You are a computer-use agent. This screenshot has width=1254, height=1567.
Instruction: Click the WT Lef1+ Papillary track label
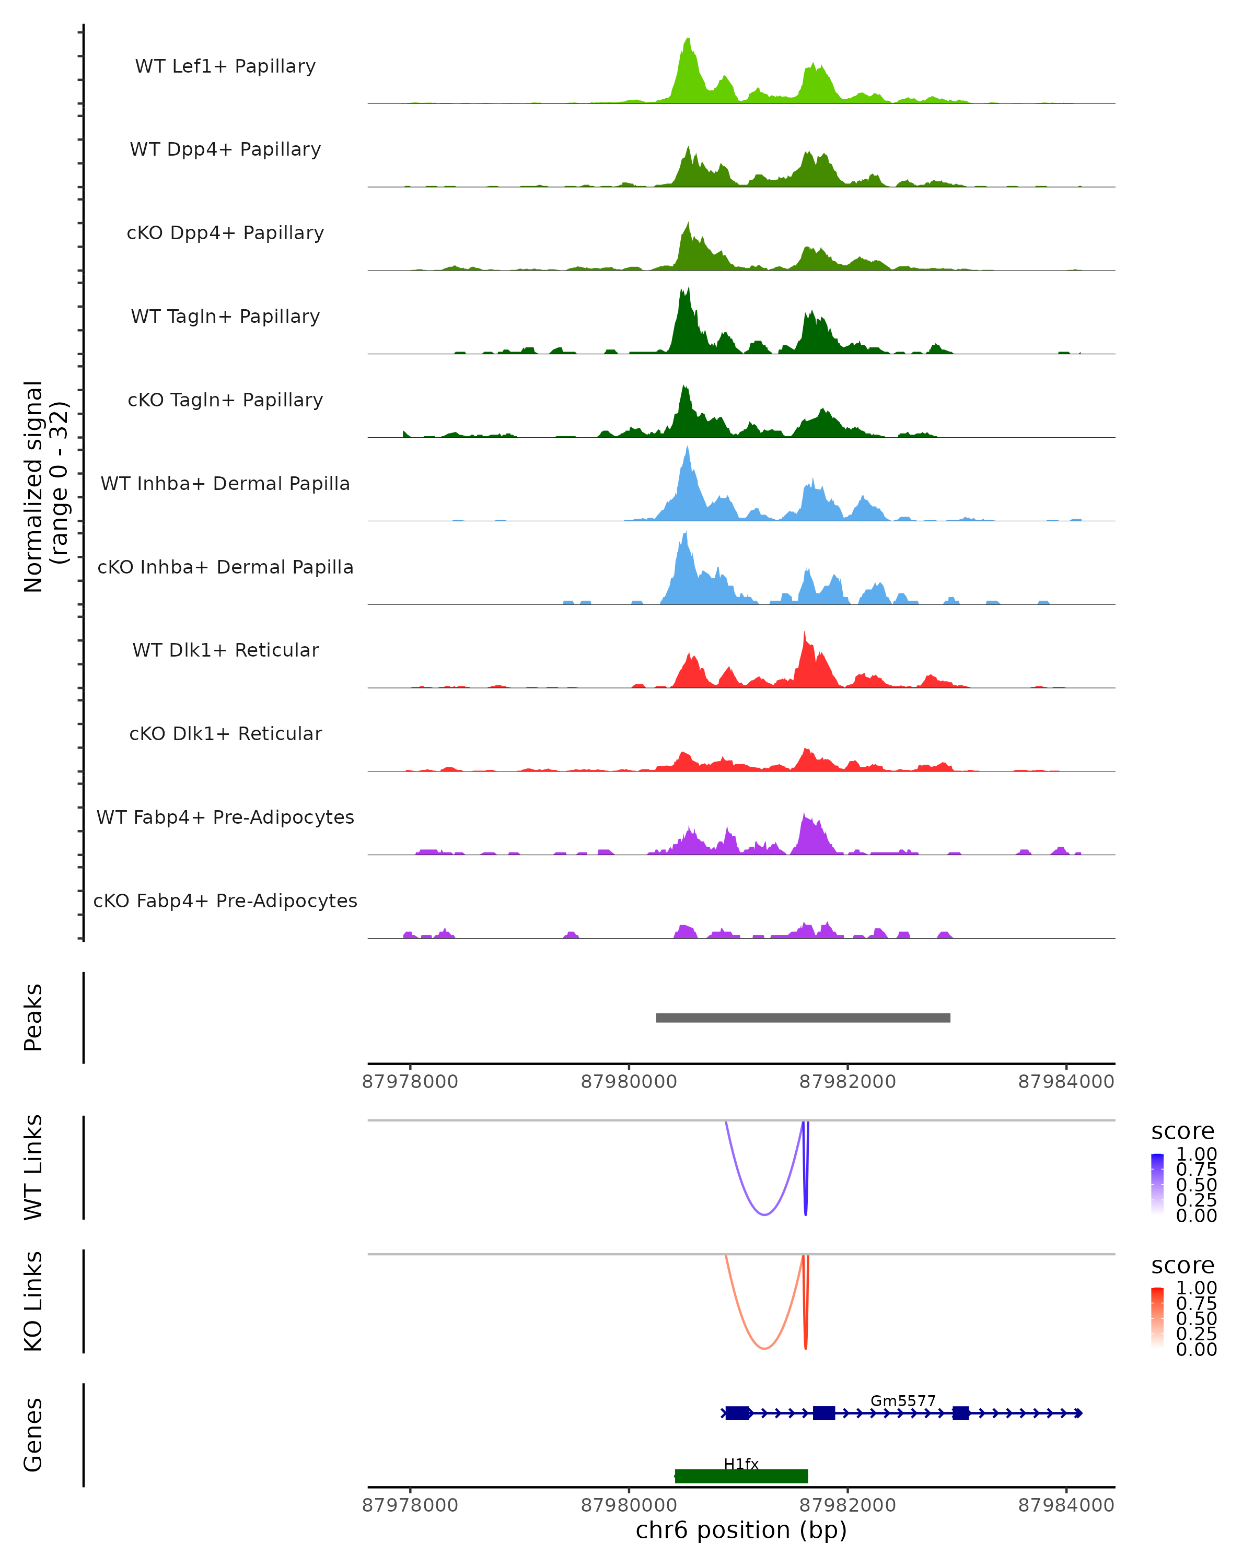225,66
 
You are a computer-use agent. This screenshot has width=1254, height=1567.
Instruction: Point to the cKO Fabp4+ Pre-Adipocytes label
225,901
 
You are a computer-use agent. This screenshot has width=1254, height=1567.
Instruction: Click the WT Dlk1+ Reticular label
225,650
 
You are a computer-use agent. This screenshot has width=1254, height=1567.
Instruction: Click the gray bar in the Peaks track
803,1018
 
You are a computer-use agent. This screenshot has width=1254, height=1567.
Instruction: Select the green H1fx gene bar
741,1476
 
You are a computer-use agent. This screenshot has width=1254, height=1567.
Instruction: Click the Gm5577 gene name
903,1400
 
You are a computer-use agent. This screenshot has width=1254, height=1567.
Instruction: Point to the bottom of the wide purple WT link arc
764,1214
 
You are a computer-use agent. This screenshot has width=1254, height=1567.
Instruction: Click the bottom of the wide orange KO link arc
764,1348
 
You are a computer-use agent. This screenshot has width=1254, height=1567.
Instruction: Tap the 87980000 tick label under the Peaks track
629,1082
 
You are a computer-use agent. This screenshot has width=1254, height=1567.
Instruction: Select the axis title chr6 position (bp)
741,1530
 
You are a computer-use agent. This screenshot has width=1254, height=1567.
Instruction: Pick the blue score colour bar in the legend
1157,1183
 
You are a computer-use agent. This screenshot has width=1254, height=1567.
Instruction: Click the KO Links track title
33,1301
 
